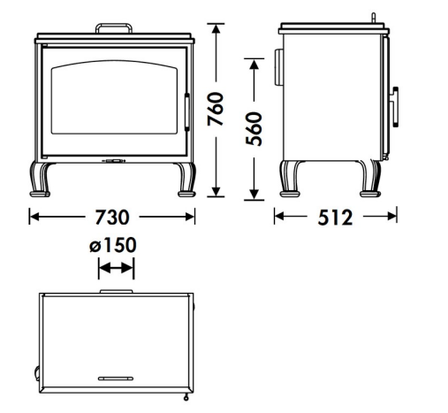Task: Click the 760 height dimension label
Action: (x=216, y=109)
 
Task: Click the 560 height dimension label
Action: (x=254, y=129)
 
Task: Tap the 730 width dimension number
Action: (x=112, y=218)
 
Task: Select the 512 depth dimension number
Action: (x=335, y=218)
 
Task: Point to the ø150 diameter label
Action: (x=113, y=245)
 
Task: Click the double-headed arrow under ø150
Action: (x=116, y=268)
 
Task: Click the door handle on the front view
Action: (x=186, y=112)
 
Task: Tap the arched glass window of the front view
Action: (x=114, y=97)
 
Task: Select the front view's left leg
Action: (x=41, y=180)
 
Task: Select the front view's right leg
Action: (x=186, y=180)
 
